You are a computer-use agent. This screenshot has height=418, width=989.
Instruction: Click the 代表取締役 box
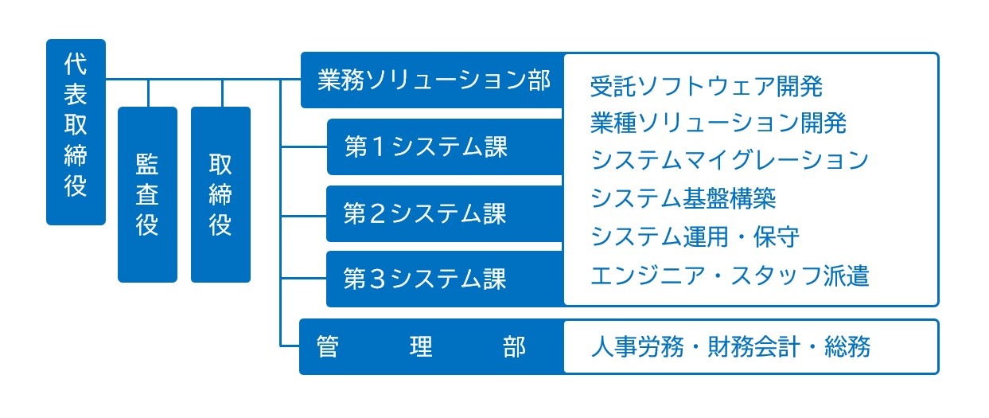(76, 132)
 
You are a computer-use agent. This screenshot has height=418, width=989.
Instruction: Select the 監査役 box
(147, 194)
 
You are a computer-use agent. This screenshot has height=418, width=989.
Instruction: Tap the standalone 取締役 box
(220, 194)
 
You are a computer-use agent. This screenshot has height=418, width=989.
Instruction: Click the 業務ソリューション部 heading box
(432, 80)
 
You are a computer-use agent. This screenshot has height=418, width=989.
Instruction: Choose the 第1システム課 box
(445, 146)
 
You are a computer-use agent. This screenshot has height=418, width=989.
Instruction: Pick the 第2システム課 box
(445, 214)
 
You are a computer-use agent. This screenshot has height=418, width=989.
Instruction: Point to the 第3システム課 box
(445, 279)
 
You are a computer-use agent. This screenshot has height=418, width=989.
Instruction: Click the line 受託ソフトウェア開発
(707, 86)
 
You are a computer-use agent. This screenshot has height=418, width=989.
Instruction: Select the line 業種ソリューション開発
(718, 123)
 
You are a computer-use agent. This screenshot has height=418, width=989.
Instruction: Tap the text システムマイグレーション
(730, 160)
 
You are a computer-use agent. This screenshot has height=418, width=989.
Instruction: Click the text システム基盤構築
(683, 198)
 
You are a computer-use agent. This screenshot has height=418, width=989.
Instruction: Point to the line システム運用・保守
(695, 236)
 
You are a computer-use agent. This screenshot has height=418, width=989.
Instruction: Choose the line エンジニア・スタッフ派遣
(730, 275)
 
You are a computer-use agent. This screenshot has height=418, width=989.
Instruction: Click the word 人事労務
(637, 346)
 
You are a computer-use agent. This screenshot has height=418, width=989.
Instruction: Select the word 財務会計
(753, 346)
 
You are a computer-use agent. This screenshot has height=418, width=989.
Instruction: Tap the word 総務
(847, 346)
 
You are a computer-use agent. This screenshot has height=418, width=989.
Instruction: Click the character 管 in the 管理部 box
(328, 347)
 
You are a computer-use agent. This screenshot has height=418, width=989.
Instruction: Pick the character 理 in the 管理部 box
(421, 347)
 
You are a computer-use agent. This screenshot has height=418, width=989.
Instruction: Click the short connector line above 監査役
(148, 93)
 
